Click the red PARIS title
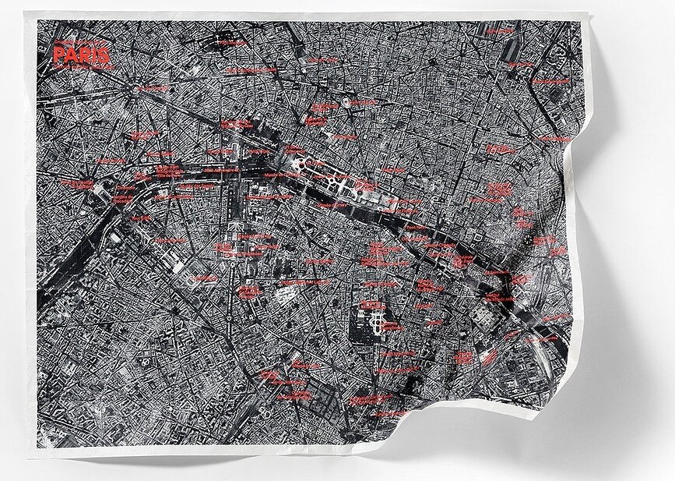click(x=81, y=55)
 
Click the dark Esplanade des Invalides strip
click(x=236, y=207)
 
